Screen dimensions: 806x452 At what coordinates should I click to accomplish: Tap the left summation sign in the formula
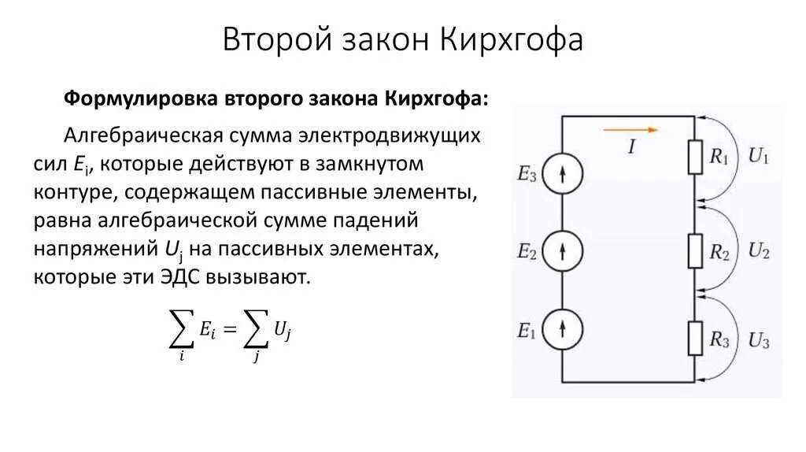(182, 332)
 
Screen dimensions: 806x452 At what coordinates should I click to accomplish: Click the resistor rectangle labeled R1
(695, 157)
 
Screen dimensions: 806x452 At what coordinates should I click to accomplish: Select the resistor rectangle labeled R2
(695, 251)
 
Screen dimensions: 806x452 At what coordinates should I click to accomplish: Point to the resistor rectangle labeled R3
(695, 339)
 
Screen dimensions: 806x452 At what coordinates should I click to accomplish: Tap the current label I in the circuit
(631, 147)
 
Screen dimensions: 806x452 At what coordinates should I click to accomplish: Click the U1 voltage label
(758, 157)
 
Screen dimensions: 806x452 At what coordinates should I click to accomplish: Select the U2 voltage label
(759, 252)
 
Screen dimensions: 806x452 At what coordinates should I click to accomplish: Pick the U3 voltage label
(759, 341)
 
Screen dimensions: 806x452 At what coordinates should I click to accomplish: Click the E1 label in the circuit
(526, 332)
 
